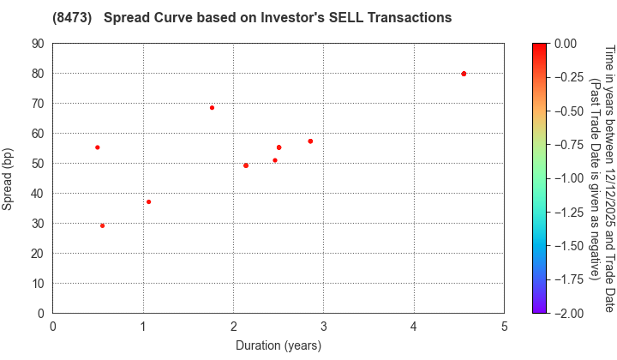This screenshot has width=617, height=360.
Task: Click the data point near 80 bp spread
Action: coord(464,74)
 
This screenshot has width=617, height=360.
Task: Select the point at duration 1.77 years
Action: coord(213,108)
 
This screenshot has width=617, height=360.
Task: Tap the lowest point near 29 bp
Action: coord(103,225)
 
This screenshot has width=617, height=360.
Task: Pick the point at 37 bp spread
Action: coord(149,202)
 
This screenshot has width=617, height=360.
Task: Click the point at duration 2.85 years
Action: coord(310,141)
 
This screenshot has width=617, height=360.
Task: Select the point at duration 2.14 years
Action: coord(246,165)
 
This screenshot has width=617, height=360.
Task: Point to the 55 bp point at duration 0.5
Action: coord(98,147)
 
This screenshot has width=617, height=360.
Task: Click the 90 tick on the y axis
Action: coord(40,44)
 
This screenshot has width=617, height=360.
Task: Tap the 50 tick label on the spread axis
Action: coord(40,164)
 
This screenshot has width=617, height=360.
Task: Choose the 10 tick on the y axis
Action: coord(40,284)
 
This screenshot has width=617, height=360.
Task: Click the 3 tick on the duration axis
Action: coord(324,326)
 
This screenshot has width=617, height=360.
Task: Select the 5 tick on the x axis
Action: coord(504,326)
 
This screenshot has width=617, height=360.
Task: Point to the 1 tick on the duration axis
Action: coord(143,326)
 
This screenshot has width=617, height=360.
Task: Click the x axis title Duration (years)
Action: coord(279,345)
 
